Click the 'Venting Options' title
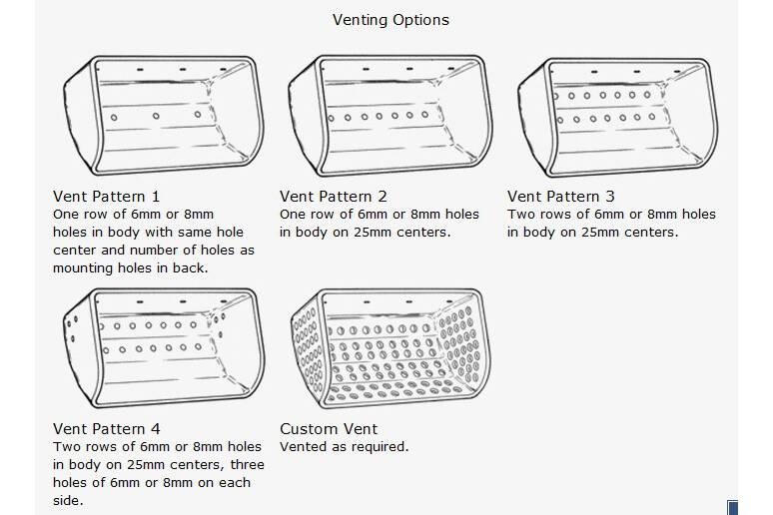coord(390,20)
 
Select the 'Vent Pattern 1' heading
coord(107,197)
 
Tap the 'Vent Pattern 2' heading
coord(334,197)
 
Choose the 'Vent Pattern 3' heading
coord(561,197)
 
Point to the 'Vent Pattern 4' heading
coord(107,429)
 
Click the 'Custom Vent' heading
coord(329,429)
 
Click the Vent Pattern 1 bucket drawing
coord(164,115)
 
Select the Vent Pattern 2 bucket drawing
coord(390,116)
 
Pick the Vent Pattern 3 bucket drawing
coord(618,118)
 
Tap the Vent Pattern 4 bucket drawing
coord(164,348)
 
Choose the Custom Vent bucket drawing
coord(390,348)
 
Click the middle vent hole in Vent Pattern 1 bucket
coord(156,116)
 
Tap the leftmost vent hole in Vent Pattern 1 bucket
coord(114,118)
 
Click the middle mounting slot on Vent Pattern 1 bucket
coord(183,70)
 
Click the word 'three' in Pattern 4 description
coord(248,465)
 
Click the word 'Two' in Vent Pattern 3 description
coord(519,215)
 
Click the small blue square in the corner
coord(733,508)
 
